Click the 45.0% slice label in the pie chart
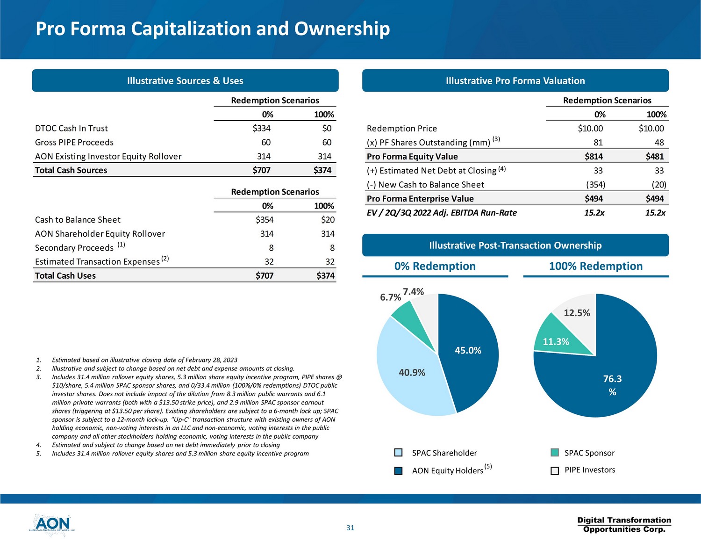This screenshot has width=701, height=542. pos(468,350)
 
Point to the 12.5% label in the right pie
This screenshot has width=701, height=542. pos(577,313)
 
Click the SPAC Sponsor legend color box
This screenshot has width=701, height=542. pos(555,452)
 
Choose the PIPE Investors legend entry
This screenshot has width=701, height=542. pos(590,470)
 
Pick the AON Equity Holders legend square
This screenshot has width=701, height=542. pos(399,470)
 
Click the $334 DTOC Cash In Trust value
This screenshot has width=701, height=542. pos(261,128)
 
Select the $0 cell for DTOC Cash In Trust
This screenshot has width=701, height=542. pos(327,128)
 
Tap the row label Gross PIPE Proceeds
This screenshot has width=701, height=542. pos(74,142)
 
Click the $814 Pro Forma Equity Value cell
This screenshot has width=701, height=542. pos(594,156)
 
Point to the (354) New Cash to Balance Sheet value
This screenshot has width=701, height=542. pos(595,184)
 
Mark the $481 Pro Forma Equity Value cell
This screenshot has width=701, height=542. pos(655,156)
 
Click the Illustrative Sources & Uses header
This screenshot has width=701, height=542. pos(185,80)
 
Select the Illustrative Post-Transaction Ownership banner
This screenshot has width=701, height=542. pos(515,245)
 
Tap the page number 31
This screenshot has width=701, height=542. pos(350,528)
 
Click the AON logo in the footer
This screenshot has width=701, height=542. pos(52,524)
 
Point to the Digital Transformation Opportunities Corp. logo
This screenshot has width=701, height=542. pos(624,525)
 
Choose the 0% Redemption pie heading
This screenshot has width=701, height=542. pos(435,266)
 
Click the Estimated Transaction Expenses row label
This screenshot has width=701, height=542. pos(97,261)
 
